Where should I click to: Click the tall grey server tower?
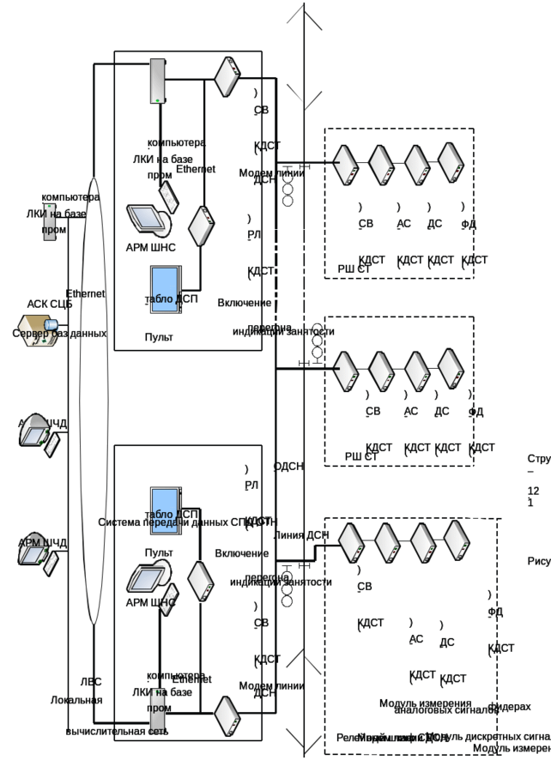[158, 82]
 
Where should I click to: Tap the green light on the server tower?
[158, 101]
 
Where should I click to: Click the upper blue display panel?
[164, 288]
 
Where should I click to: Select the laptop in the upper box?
[146, 219]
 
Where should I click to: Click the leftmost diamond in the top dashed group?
[345, 164]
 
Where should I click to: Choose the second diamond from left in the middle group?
[380, 370]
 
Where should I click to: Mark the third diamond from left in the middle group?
[415, 370]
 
